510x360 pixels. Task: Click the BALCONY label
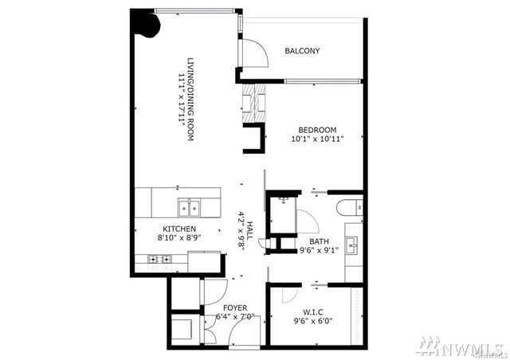click(x=302, y=51)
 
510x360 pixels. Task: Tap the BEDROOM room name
click(x=317, y=130)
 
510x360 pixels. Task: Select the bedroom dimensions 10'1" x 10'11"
click(x=317, y=139)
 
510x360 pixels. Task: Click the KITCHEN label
click(x=179, y=229)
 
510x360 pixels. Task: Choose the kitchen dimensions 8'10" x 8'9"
click(x=178, y=237)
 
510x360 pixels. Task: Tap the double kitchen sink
click(x=189, y=207)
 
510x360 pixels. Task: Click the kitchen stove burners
click(x=159, y=259)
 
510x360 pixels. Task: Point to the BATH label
click(x=319, y=241)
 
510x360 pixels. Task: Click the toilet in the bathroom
click(x=350, y=207)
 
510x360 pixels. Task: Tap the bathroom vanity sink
click(x=352, y=245)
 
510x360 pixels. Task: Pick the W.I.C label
click(x=313, y=312)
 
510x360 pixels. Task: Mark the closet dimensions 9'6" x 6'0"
click(x=313, y=321)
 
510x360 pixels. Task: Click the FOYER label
click(x=235, y=307)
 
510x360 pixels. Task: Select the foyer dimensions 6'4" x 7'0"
click(x=235, y=316)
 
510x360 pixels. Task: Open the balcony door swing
click(x=255, y=53)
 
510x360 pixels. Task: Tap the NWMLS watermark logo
click(x=462, y=346)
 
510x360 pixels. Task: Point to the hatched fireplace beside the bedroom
click(x=254, y=104)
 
